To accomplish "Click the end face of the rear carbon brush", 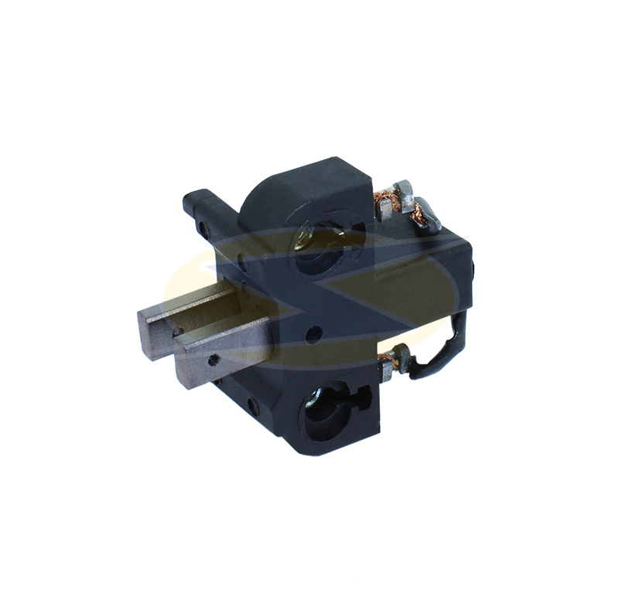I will click(152, 333).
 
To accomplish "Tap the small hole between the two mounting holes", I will click(313, 335).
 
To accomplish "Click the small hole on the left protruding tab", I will click(203, 229).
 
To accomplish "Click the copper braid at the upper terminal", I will click(385, 203).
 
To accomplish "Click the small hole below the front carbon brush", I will click(252, 403).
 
